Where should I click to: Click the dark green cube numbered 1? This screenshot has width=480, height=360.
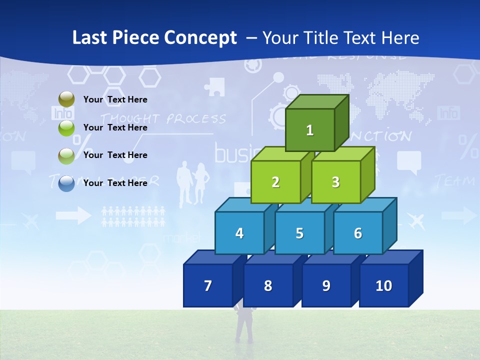coord(310,130)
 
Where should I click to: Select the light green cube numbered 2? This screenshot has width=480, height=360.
coord(275,182)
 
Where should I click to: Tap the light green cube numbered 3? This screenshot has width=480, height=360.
coord(335,182)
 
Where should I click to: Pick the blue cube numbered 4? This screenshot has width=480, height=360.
coord(239,233)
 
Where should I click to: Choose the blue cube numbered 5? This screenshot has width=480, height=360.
coord(299,233)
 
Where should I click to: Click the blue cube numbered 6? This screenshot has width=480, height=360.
coord(358,233)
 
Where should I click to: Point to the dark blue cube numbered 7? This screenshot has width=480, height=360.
coord(208,285)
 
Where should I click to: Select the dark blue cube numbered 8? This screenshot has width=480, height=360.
coord(268,285)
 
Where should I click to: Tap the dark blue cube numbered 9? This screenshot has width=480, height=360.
coord(326,285)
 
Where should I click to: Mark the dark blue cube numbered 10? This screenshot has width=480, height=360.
coord(384,285)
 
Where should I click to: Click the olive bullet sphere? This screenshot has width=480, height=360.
coord(66,99)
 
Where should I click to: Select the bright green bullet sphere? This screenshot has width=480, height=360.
coord(66,127)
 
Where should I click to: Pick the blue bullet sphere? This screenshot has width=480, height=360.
coord(66,183)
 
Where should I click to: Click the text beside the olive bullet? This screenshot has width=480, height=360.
coord(115,99)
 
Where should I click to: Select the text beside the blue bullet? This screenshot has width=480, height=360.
coord(115,183)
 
